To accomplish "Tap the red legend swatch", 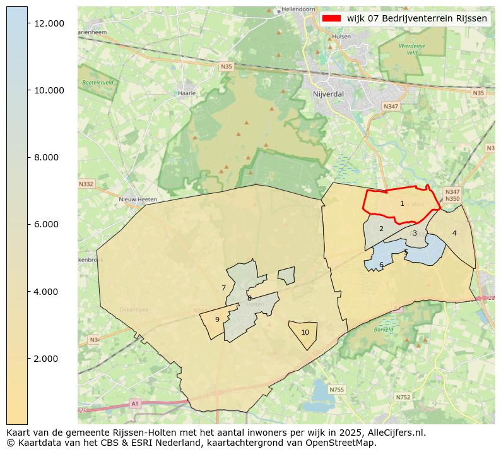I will click(x=331, y=18).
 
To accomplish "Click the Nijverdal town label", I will click(x=327, y=94).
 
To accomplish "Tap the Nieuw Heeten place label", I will click(x=137, y=199).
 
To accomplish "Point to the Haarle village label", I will click(x=187, y=93).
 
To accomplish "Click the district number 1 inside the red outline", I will click(x=402, y=204).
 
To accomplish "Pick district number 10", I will click(x=305, y=333).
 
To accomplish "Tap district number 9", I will click(x=217, y=320).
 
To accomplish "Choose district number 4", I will click(x=454, y=233).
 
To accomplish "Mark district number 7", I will click(x=223, y=289).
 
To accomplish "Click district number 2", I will click(x=381, y=229).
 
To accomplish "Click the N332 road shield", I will click(x=86, y=184).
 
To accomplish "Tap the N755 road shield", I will click(x=338, y=390).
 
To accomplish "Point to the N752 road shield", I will click(x=403, y=397).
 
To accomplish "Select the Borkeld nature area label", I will click(x=384, y=330).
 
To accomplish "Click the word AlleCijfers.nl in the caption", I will click(x=398, y=433).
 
